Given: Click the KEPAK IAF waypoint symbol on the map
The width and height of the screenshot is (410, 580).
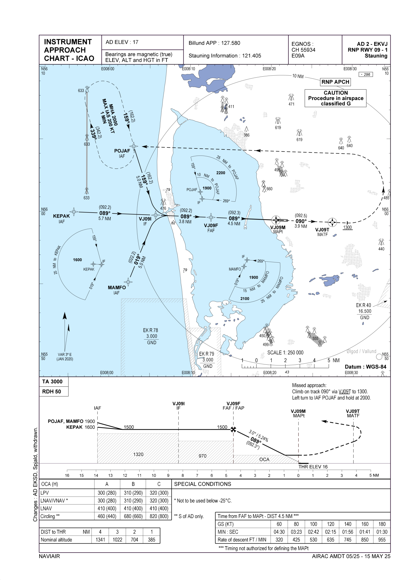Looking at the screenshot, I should pyautogui.click(x=74, y=212).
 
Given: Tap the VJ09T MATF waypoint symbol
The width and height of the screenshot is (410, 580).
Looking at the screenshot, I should pyautogui.click(x=332, y=222).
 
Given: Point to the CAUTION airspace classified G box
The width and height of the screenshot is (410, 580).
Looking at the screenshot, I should pyautogui.click(x=336, y=98).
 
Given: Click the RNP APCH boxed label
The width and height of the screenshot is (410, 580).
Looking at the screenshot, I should pyautogui.click(x=335, y=82).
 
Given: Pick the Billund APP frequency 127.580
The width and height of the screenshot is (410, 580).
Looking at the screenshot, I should pyautogui.click(x=214, y=43).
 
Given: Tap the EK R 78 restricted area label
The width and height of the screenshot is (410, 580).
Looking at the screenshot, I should pyautogui.click(x=151, y=330).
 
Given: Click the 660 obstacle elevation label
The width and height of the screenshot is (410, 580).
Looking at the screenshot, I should pyautogui.click(x=269, y=189).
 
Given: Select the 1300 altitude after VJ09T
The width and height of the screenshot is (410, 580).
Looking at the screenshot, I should pyautogui.click(x=347, y=227).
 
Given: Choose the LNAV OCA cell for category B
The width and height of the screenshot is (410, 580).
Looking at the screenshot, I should pyautogui.click(x=133, y=508).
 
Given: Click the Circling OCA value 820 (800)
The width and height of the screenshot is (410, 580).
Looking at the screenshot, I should pyautogui.click(x=159, y=516).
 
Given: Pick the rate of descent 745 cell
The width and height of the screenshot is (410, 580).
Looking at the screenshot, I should pyautogui.click(x=348, y=540).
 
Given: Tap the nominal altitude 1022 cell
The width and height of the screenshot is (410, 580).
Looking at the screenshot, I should pyautogui.click(x=117, y=540).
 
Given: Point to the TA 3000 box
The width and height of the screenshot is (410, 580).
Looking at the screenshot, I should pyautogui.click(x=52, y=382).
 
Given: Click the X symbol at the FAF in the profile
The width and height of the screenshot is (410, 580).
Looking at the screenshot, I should pyautogui.click(x=233, y=429).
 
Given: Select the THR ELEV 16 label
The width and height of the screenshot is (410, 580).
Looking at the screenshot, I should pyautogui.click(x=313, y=467).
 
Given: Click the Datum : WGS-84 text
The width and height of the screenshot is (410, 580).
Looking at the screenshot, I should pyautogui.click(x=366, y=367).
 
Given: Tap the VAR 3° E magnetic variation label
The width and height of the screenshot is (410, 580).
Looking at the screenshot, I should pyautogui.click(x=65, y=355).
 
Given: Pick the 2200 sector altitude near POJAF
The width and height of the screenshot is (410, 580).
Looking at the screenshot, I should pyautogui.click(x=221, y=173).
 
